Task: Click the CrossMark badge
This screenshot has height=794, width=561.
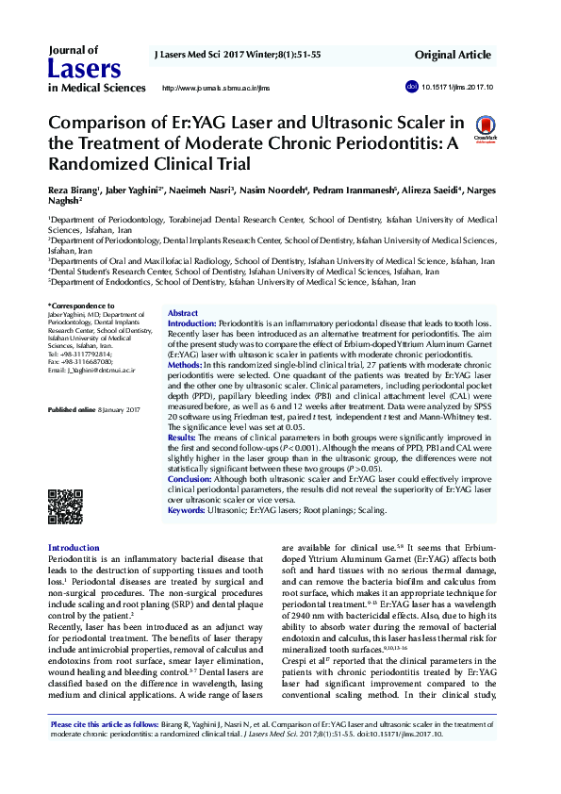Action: point(486,128)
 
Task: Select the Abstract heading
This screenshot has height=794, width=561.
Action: point(182,313)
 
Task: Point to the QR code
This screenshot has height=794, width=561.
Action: point(65,507)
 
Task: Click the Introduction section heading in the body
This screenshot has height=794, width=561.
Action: point(74,548)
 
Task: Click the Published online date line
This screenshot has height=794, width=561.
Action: point(93,410)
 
